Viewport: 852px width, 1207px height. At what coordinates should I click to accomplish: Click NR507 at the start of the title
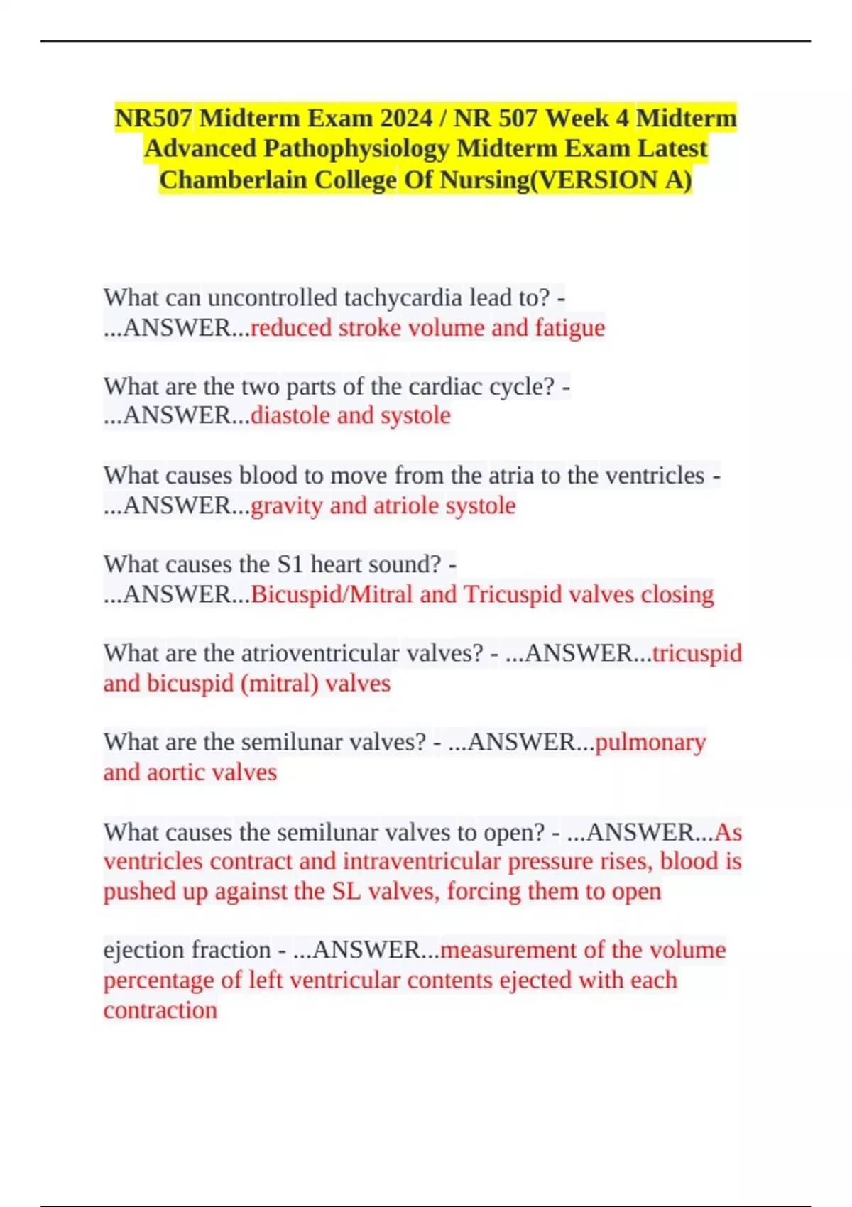pyautogui.click(x=153, y=118)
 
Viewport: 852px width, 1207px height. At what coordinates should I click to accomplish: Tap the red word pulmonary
pyautogui.click(x=650, y=743)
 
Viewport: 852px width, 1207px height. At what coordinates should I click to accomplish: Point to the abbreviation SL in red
pyautogui.click(x=346, y=891)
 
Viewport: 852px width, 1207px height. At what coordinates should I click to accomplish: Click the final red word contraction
pyautogui.click(x=160, y=1010)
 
